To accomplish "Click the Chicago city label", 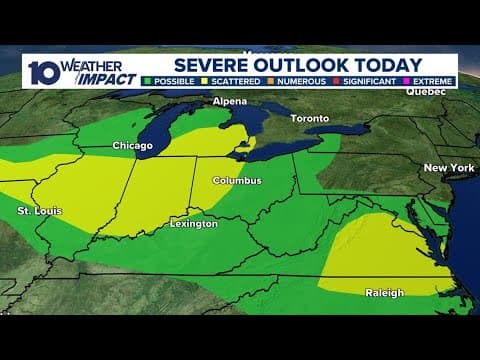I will pos(132,146).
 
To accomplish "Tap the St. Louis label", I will pos(38,212).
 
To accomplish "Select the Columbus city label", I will pos(237,181).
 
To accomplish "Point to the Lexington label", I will pos(193,224).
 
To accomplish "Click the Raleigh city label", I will pos(384,293).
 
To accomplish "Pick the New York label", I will pos(448,167).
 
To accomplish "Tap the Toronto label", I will pos(309,118).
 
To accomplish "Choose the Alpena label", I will pos(229,102).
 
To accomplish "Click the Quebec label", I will pos(425,91).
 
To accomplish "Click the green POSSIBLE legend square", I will pos(149,81).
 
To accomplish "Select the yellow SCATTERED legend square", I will pos(205,81).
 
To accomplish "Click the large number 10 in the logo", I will pos(42,72).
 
